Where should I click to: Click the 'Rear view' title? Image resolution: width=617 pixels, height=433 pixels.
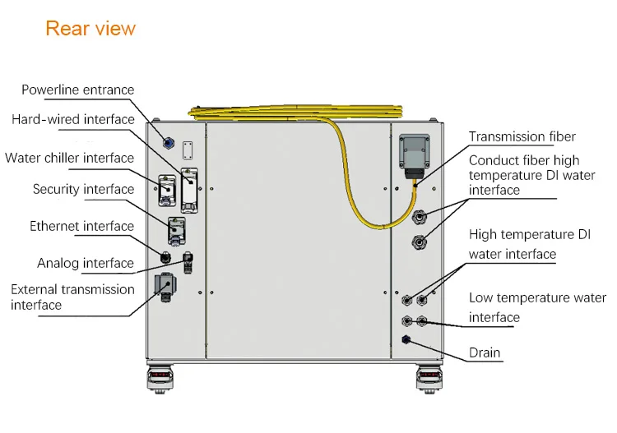[90, 29]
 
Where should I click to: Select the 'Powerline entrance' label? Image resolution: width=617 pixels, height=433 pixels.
[78, 90]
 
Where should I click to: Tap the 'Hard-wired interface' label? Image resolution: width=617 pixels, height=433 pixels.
[73, 119]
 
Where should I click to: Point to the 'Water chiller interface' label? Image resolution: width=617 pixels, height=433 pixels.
[69, 158]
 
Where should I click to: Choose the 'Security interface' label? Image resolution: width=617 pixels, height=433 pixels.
[83, 189]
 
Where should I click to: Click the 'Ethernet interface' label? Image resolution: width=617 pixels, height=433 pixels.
[81, 226]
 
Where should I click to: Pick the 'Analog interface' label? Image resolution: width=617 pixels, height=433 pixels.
[85, 263]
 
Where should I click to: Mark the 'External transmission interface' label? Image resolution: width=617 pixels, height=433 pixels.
[72, 297]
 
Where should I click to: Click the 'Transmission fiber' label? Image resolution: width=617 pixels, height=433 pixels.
[522, 136]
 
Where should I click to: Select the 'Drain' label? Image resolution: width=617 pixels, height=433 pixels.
[485, 352]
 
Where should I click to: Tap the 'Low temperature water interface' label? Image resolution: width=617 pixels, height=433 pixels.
[537, 307]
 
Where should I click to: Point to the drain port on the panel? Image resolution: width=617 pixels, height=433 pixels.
[406, 339]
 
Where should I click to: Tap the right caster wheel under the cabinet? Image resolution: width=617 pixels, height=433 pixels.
[430, 378]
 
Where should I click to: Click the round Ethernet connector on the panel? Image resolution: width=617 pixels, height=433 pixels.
[165, 258]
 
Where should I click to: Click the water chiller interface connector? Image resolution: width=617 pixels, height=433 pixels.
[167, 190]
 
